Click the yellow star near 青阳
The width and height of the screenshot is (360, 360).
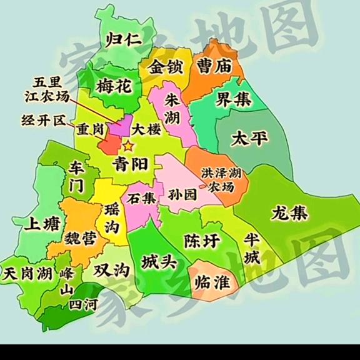tap(129, 146)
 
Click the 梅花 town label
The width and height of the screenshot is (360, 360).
tap(114, 86)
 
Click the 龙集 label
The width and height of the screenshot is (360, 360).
tap(289, 213)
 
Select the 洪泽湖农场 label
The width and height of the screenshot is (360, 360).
tap(222, 179)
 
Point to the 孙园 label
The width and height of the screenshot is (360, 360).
tap(182, 195)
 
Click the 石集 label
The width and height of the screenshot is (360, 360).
tap(141, 199)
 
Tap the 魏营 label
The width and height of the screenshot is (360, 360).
tap(79, 238)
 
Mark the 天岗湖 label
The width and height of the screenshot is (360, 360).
tap(27, 274)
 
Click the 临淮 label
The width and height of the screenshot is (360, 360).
tap(212, 282)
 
